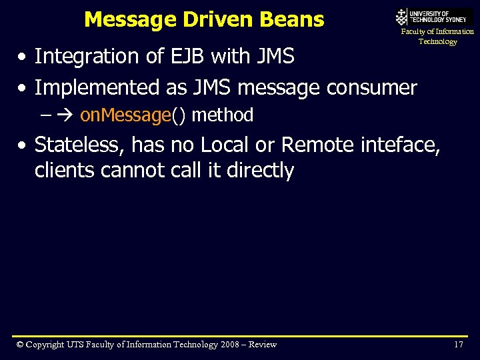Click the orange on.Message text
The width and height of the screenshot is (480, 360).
click(125, 115)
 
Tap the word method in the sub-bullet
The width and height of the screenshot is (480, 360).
click(223, 115)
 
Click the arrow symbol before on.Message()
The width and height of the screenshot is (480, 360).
click(66, 115)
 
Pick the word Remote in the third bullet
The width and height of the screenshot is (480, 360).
click(318, 144)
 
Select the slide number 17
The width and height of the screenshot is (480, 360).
click(458, 345)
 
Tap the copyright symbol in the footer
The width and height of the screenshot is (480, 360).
click(20, 345)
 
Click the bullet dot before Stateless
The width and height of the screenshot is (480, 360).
click(23, 145)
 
